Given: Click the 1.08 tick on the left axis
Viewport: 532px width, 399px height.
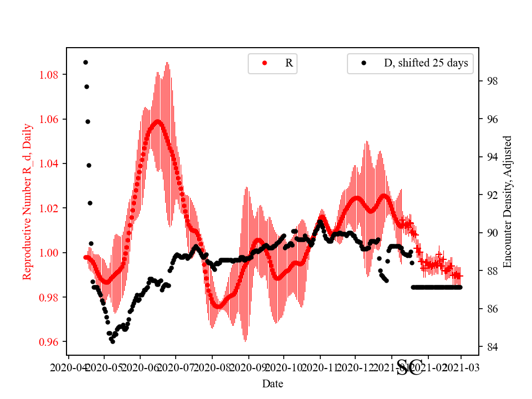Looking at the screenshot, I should [x=51, y=75].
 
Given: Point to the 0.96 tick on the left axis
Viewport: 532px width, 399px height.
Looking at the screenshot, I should [x=51, y=342].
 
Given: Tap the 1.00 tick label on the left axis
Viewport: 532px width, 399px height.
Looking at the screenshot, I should [x=51, y=253].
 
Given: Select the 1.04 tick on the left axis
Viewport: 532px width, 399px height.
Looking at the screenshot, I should [x=51, y=163].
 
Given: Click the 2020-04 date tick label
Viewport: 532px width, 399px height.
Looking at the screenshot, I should [x=68, y=367].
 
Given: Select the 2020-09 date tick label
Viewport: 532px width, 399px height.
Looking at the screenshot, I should [x=248, y=367].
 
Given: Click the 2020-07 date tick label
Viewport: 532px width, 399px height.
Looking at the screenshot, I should [x=176, y=367].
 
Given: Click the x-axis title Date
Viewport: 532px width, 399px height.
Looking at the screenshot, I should [x=273, y=383].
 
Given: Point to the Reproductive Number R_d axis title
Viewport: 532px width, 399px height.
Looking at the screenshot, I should [x=27, y=201].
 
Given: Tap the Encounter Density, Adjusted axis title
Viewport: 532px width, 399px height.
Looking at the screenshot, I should [x=507, y=201].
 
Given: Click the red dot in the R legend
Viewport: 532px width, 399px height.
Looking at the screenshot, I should [x=264, y=64].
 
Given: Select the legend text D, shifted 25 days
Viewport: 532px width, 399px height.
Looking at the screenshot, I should [x=426, y=63].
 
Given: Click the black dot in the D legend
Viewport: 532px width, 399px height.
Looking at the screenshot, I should [x=364, y=64].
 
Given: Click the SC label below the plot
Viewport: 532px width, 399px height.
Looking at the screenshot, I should [x=410, y=367].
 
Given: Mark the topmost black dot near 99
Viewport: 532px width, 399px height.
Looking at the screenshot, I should [x=85, y=62].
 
